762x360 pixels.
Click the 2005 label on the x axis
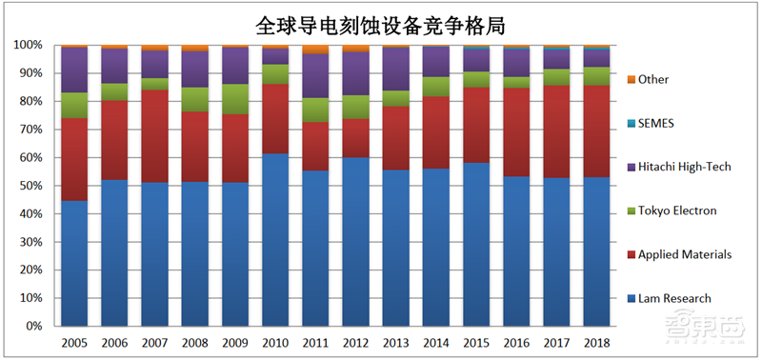pos(75,341)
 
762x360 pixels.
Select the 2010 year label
pos(276,341)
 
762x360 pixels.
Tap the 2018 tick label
pos(596,341)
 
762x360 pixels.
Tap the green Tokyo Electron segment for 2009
pos(236,99)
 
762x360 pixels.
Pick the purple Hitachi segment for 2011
pos(316,76)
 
